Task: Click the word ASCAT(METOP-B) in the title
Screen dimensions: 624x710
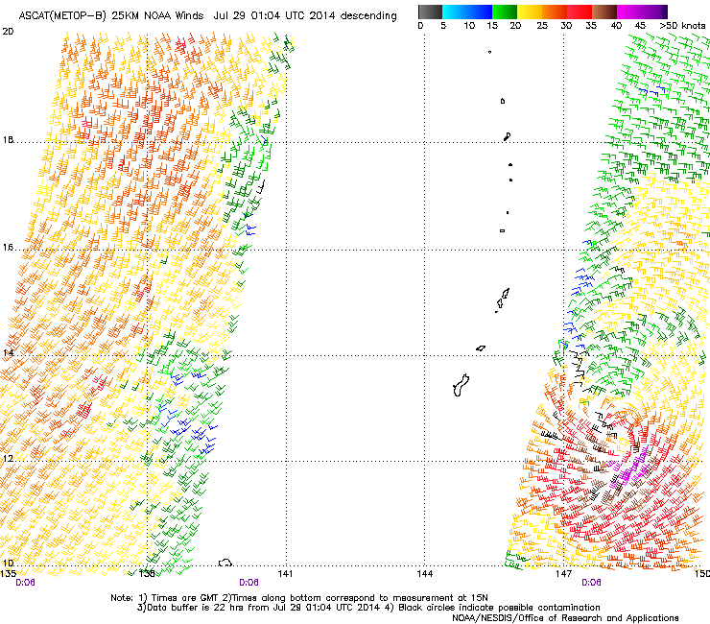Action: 61,16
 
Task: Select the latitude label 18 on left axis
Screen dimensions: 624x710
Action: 8,140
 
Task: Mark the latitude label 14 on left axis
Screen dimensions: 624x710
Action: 8,353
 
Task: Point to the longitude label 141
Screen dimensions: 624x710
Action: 285,573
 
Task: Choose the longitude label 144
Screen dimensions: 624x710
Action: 425,573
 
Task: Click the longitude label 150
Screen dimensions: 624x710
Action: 701,573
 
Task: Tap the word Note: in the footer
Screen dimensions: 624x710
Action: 122,597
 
